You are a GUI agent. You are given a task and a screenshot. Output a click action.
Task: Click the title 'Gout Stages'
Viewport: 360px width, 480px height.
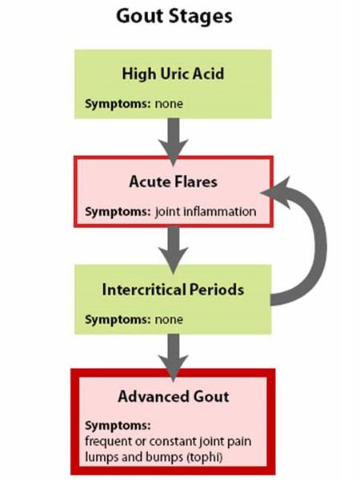[174, 17]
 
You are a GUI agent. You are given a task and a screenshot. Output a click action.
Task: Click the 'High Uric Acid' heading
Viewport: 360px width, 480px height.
[173, 74]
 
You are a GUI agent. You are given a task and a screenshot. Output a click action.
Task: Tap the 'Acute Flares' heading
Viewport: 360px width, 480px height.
[173, 182]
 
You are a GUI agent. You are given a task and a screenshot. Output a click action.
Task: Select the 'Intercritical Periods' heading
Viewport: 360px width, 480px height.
[173, 289]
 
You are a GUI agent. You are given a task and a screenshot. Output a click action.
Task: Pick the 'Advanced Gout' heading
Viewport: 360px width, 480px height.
[173, 397]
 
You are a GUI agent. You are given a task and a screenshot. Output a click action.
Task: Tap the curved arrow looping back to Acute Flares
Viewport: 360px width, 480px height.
[308, 240]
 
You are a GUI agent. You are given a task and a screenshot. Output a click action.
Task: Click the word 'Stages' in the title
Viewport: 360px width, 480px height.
[203, 17]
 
